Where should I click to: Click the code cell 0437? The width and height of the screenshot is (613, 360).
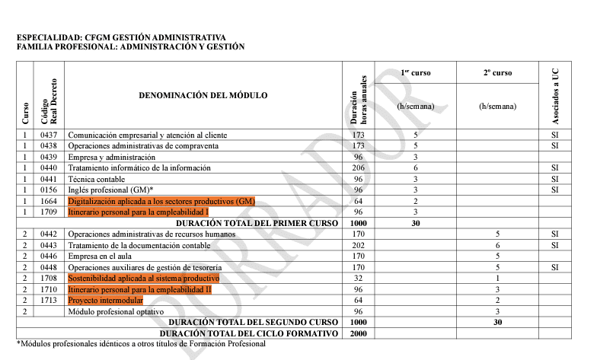pos(49,135)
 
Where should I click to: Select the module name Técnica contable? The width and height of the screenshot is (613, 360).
pos(97,179)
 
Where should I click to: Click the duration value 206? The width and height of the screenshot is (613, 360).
pos(359,168)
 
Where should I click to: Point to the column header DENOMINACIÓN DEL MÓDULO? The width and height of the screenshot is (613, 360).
pos(203,95)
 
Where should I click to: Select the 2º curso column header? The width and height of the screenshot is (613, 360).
pos(497,73)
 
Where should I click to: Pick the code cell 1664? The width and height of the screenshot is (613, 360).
pos(49,201)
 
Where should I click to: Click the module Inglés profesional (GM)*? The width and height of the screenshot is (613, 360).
pos(111,190)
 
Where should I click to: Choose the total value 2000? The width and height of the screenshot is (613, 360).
pos(359,334)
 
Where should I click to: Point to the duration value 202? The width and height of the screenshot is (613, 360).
pos(359,245)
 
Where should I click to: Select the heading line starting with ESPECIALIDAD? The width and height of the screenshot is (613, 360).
pos(121,37)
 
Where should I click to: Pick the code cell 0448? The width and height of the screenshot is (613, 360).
pos(49,267)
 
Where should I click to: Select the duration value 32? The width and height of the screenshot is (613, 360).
pos(359,279)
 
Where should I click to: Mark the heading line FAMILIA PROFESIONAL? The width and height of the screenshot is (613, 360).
pos(130,46)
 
